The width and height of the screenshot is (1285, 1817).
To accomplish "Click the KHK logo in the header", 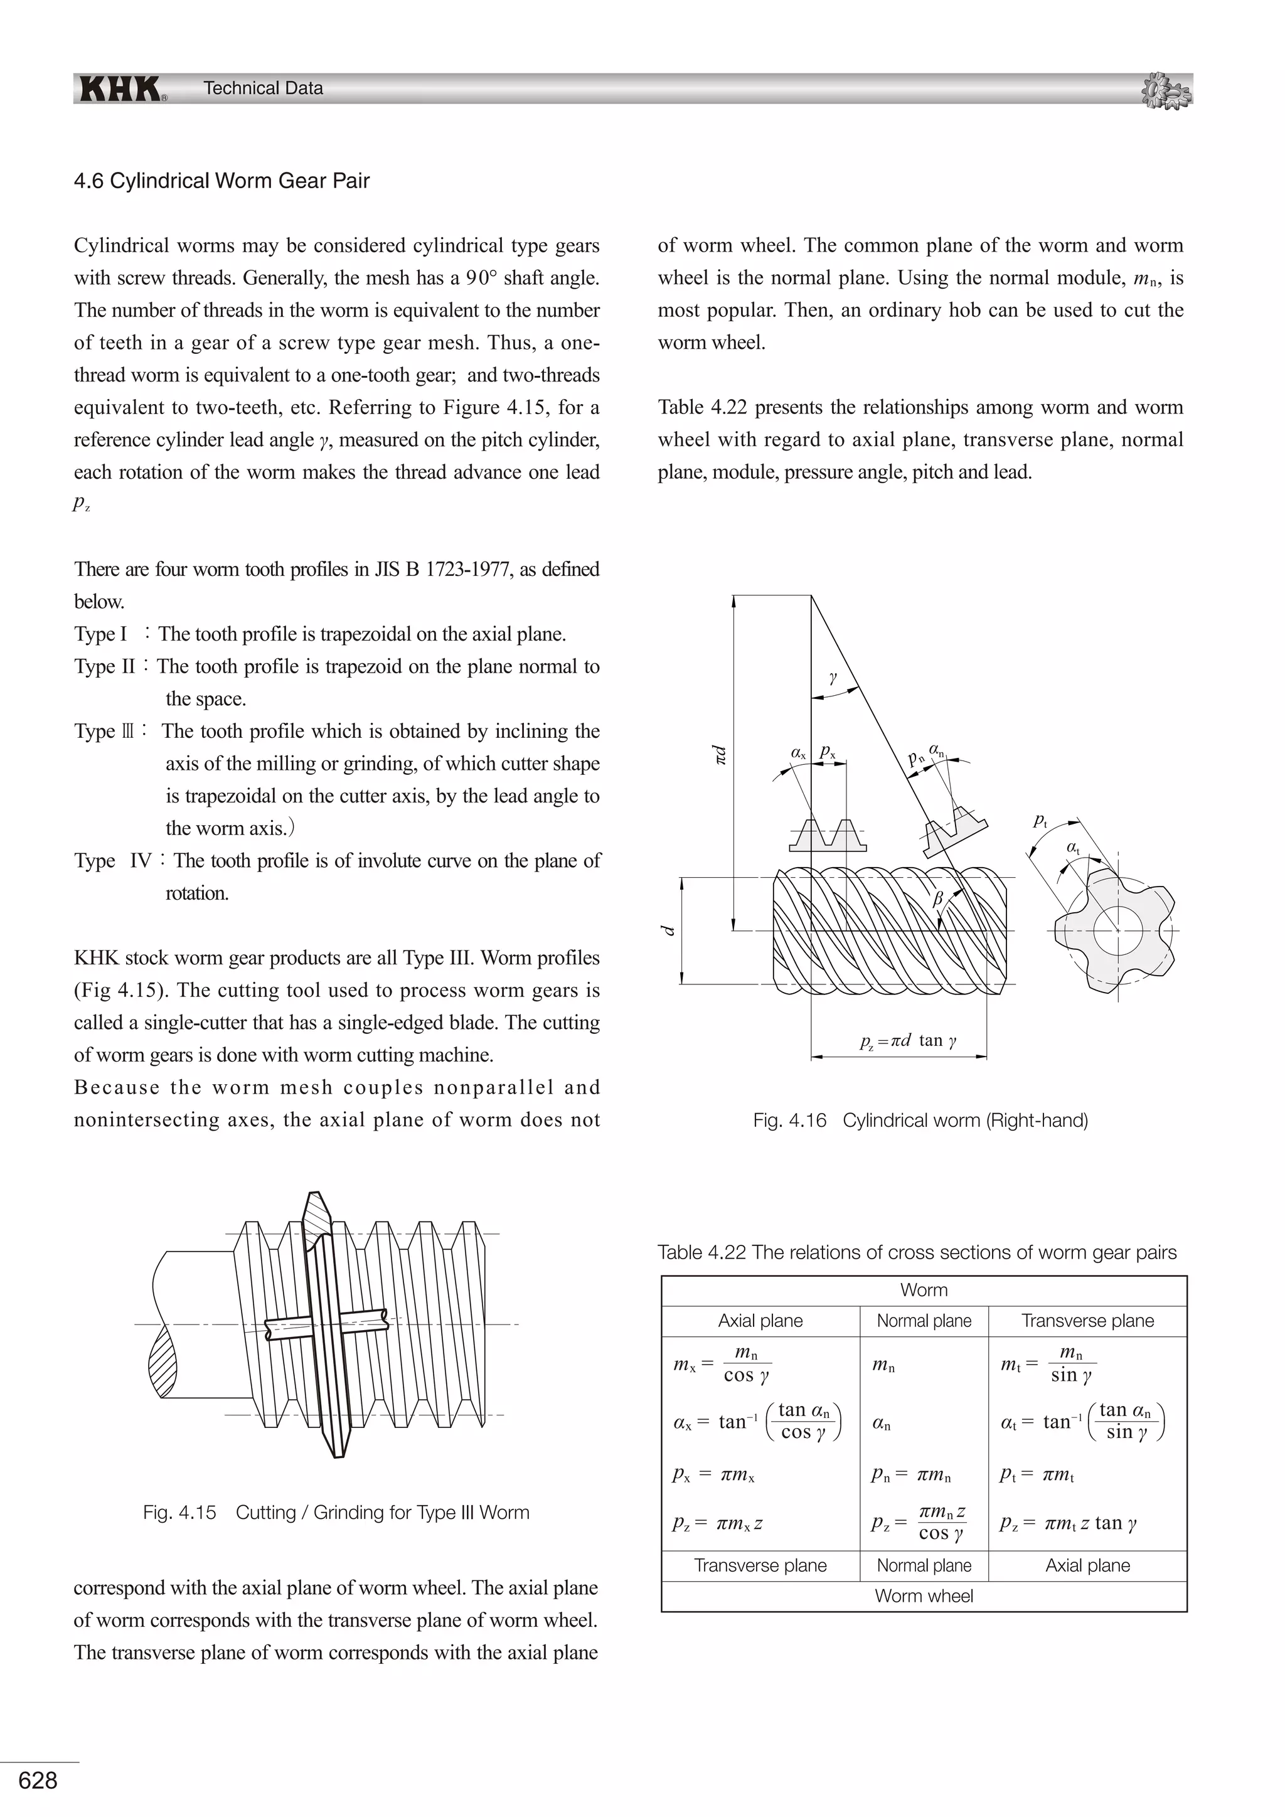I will [x=121, y=88].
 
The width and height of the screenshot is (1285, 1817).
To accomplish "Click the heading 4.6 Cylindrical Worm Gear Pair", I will [x=221, y=181].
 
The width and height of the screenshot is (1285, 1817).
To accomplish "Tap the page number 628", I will [x=38, y=1781].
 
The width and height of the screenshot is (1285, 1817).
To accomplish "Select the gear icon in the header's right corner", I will [x=1166, y=90].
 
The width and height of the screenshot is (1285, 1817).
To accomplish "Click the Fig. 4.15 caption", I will [x=336, y=1512].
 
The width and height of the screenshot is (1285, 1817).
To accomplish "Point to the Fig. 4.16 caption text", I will [x=920, y=1121].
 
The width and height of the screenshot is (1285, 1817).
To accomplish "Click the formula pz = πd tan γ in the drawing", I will [x=909, y=1041].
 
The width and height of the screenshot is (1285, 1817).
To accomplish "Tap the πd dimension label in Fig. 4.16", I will [x=719, y=754].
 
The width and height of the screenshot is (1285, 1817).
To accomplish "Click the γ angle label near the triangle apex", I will [x=833, y=678].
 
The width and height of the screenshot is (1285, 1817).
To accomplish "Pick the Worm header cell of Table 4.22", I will [x=924, y=1290].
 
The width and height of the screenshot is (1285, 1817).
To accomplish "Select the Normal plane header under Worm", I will [x=924, y=1321].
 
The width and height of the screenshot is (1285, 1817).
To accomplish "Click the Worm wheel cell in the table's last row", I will [x=924, y=1596].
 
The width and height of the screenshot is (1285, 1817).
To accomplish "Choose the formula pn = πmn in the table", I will [x=911, y=1474].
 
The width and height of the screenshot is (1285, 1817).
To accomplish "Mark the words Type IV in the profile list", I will [x=113, y=861].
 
